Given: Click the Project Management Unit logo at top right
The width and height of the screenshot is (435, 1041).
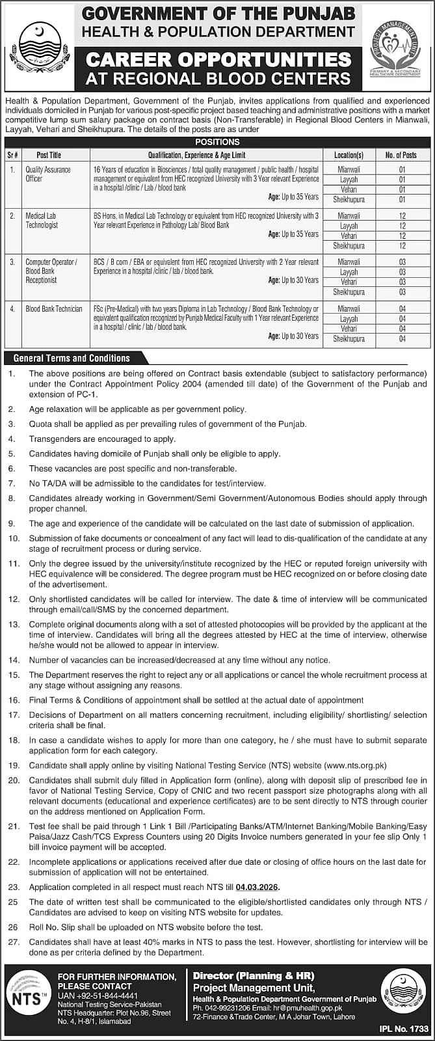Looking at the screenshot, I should (x=395, y=47).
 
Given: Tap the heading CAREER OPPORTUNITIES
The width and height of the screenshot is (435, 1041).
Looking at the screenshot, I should (x=218, y=60).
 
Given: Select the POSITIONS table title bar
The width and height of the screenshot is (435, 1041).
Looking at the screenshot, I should (x=217, y=142).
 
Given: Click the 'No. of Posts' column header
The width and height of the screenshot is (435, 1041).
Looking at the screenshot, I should (x=401, y=155).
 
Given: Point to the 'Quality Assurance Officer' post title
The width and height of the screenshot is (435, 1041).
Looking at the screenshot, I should (x=39, y=174).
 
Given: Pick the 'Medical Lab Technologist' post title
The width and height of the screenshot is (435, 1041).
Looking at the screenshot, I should (x=42, y=220).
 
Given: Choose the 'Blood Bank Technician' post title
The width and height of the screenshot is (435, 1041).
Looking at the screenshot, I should (x=54, y=309).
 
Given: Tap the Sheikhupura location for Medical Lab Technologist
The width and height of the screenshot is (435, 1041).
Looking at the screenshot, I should (x=349, y=246).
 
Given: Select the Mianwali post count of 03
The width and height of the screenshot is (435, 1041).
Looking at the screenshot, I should (x=402, y=262).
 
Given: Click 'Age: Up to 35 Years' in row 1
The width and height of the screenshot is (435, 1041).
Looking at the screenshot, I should (x=293, y=196).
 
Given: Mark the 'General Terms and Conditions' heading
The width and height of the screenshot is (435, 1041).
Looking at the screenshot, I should (x=72, y=358).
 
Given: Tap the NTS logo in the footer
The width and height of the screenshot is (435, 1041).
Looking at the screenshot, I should (x=29, y=997).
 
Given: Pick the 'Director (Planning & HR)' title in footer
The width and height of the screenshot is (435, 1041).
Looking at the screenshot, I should (x=254, y=976).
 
